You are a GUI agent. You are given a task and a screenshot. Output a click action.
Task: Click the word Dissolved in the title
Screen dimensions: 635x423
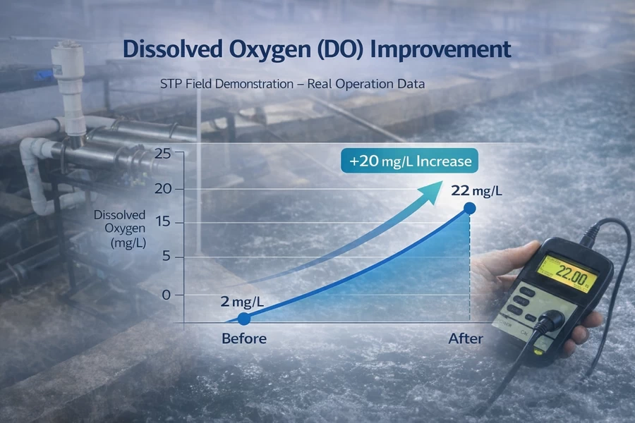coord(173,49)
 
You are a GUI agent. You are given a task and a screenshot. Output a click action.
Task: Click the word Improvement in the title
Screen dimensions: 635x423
coord(440,49)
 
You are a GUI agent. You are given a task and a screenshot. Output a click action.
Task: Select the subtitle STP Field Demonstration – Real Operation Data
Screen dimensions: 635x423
coord(292,84)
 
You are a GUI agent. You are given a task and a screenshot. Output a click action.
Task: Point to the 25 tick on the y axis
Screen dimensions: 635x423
coord(163,154)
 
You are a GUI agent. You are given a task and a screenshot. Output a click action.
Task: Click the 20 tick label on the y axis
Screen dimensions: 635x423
coord(163,189)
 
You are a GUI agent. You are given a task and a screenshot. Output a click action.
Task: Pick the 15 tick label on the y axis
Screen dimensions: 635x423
coord(163,222)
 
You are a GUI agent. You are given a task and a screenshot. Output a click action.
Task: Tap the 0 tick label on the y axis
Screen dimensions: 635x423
coord(166,295)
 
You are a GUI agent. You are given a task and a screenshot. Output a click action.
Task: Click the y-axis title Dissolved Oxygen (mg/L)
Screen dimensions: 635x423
coord(120,228)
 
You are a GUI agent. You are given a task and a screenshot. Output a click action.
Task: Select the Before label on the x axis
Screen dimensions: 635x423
coord(244,338)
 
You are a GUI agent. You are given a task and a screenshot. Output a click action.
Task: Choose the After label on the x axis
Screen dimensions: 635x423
coord(466,338)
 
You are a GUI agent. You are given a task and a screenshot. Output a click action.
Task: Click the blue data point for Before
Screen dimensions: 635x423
coord(244,319)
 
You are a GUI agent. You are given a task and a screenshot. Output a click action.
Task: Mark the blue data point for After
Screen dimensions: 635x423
coord(470,209)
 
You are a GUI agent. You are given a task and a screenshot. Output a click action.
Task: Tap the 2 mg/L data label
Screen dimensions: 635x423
coord(242,302)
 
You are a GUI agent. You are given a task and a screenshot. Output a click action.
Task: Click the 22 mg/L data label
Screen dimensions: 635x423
coord(477,190)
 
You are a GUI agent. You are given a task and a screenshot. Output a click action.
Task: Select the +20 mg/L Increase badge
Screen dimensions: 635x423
coord(409,161)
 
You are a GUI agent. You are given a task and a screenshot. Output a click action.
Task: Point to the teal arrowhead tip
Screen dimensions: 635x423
coord(442,181)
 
